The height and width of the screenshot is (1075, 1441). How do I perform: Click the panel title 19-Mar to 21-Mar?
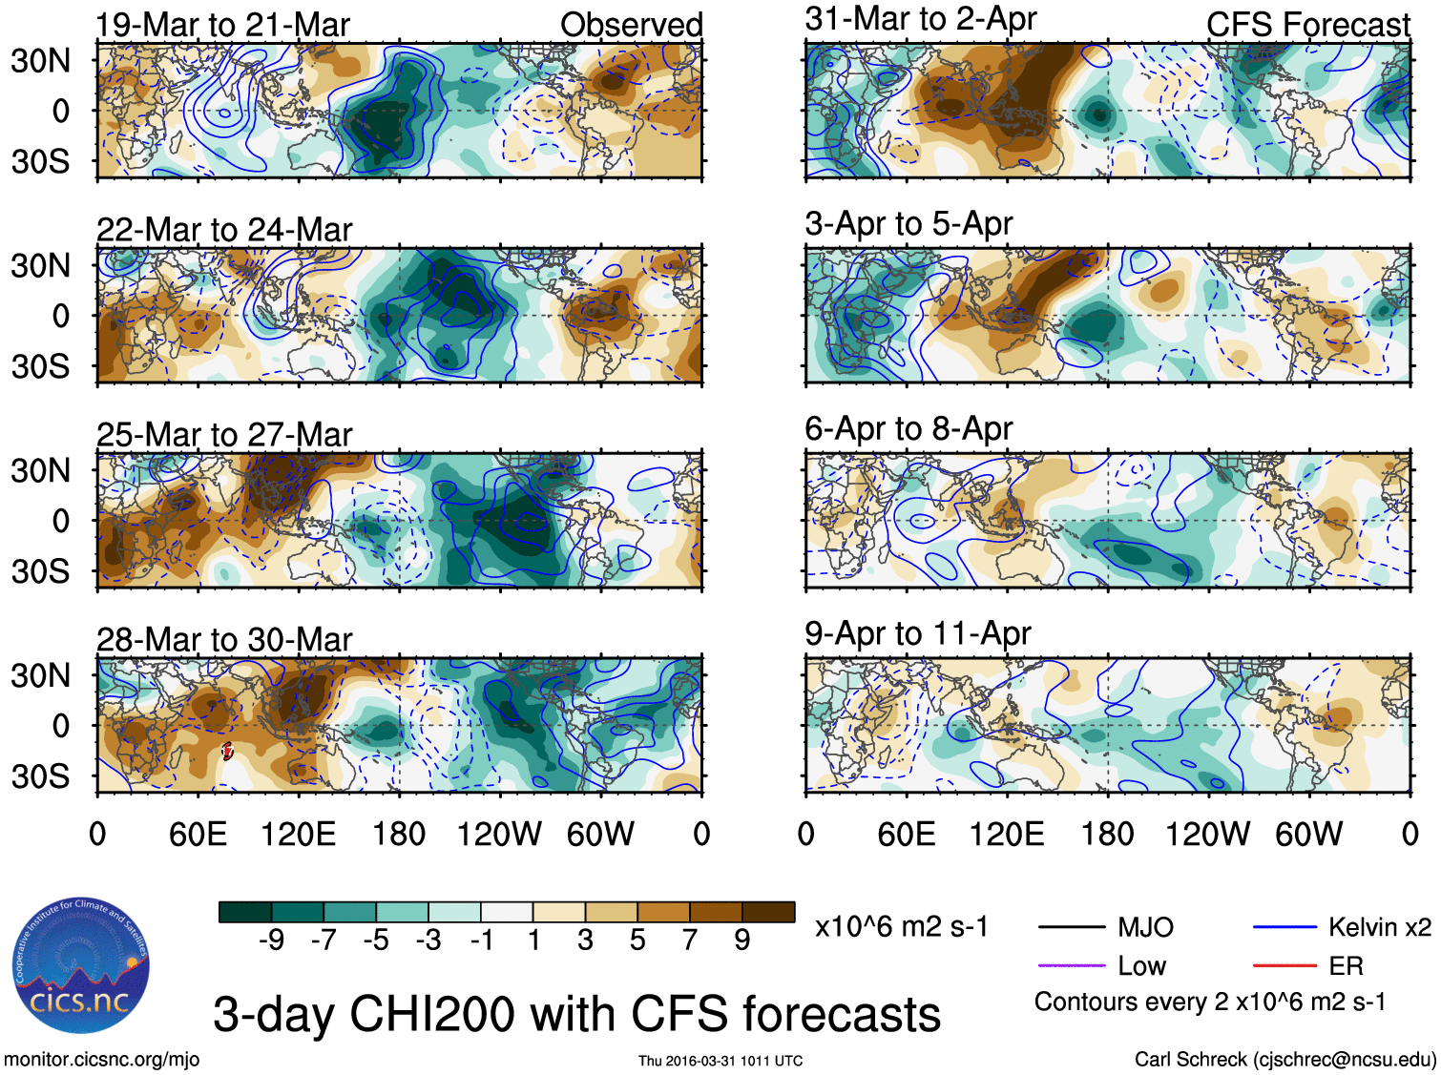[x=222, y=25]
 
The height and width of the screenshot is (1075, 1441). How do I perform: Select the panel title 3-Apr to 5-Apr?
[x=908, y=224]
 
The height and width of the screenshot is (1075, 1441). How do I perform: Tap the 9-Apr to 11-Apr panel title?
[x=917, y=633]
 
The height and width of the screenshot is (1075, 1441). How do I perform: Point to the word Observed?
[x=631, y=25]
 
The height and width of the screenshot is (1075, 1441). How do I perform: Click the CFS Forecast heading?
[x=1307, y=25]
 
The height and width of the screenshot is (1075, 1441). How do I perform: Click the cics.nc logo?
[x=80, y=965]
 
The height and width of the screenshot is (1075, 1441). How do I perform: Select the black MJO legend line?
[x=1071, y=927]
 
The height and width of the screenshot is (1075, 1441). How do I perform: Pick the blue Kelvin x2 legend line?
[x=1284, y=927]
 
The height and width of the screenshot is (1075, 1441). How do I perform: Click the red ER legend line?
[x=1284, y=966]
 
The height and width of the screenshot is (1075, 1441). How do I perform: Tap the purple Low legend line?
[x=1071, y=966]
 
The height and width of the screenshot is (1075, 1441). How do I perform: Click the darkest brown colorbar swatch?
[x=768, y=913]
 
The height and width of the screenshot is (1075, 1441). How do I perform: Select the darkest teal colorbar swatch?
[x=244, y=913]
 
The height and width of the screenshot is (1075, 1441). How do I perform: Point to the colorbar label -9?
[x=271, y=941]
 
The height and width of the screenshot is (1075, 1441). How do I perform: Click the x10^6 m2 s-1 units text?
[x=901, y=927]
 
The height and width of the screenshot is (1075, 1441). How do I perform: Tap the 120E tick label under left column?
[x=298, y=835]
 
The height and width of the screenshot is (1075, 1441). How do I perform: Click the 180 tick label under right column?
[x=1107, y=835]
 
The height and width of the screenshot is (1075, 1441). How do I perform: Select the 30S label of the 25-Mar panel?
[x=40, y=571]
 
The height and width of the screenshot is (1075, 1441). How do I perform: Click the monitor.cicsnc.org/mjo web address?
[x=101, y=1059]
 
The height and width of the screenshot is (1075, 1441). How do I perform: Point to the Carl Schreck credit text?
[x=1284, y=1059]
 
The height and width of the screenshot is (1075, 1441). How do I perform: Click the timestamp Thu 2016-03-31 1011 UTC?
[x=720, y=1061]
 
